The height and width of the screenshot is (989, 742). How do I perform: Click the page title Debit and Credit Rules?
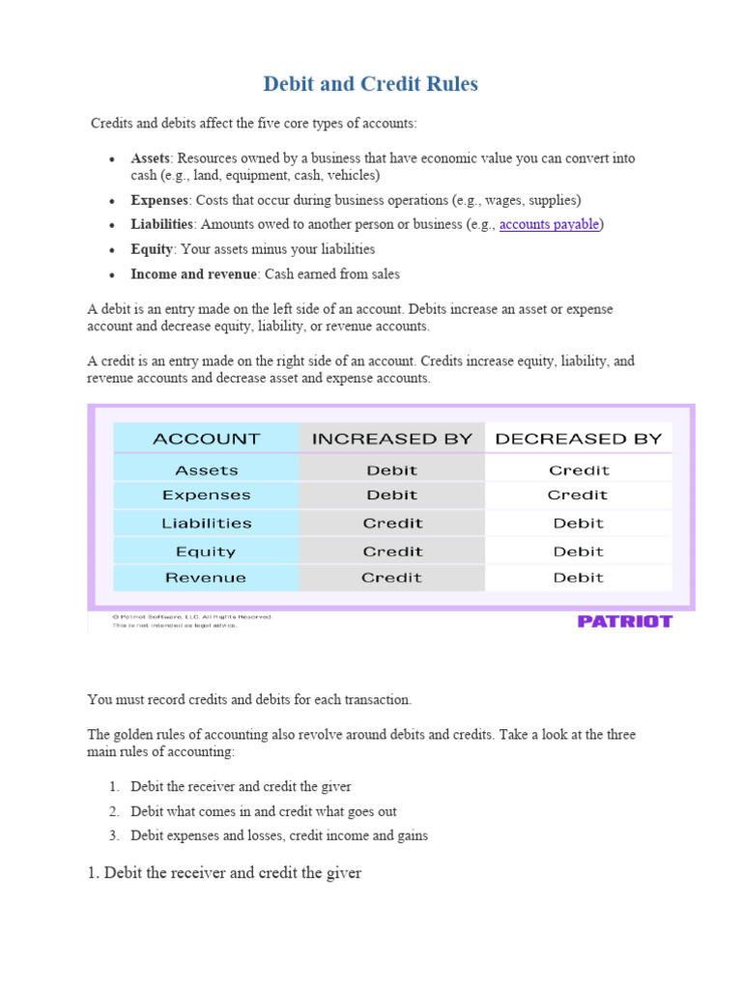(370, 84)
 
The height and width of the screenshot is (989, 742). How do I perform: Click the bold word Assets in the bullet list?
(151, 157)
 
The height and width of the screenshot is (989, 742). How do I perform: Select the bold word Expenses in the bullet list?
(159, 200)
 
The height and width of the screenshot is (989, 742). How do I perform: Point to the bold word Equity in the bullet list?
(152, 249)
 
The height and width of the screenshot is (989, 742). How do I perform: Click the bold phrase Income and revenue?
(194, 274)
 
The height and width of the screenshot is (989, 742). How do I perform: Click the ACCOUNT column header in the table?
(207, 438)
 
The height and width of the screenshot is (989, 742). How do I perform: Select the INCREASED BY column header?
(391, 438)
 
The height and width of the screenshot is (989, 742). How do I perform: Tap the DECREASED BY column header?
(578, 438)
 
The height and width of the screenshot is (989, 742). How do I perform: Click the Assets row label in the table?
(207, 470)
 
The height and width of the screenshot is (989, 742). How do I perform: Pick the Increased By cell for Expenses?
(391, 495)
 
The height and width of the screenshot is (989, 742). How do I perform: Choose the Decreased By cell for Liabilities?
(578, 523)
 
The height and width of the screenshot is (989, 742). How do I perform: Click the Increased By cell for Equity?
(391, 551)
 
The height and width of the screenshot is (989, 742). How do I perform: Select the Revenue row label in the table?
(206, 578)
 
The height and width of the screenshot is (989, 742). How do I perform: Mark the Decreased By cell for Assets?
(578, 470)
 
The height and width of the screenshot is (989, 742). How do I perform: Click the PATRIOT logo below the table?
(624, 621)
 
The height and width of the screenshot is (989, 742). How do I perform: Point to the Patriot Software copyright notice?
(192, 616)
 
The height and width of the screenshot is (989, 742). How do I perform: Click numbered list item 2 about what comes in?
(263, 811)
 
